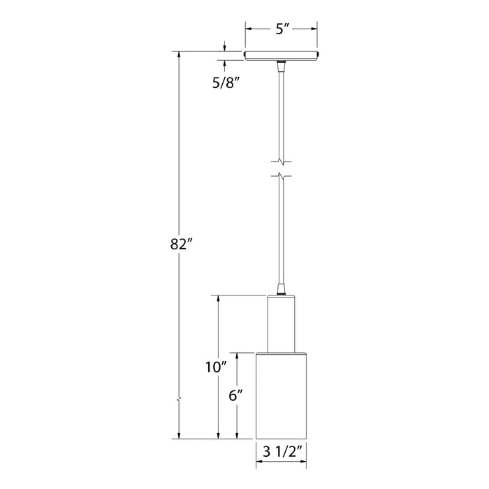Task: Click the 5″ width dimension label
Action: click(x=282, y=29)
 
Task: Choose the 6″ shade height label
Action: click(x=236, y=395)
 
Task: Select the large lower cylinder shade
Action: click(x=282, y=395)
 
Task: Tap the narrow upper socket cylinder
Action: click(x=282, y=323)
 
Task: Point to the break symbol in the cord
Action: click(x=282, y=168)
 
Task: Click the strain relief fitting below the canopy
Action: click(x=282, y=66)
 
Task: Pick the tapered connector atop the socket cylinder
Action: click(x=282, y=289)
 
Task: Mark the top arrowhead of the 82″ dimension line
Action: click(x=180, y=55)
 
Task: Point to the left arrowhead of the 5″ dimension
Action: click(x=248, y=29)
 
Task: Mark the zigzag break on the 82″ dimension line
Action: click(x=180, y=400)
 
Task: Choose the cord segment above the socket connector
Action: click(x=282, y=231)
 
